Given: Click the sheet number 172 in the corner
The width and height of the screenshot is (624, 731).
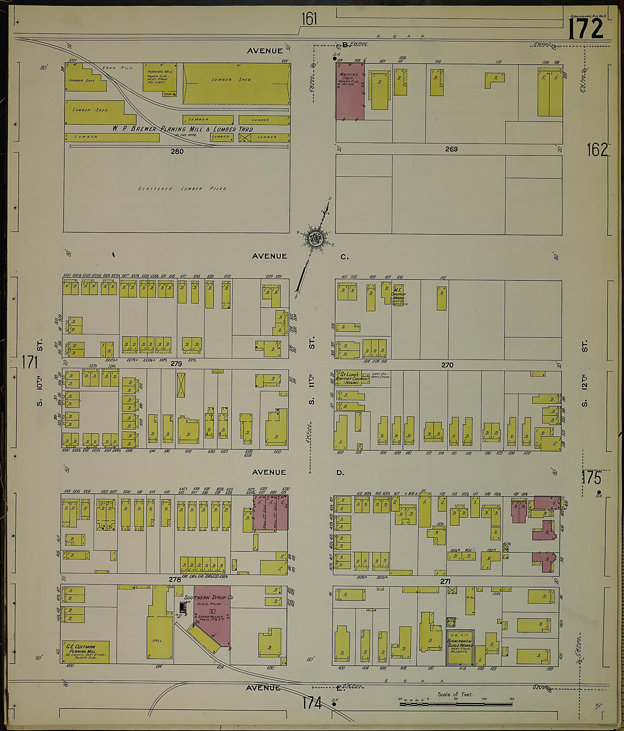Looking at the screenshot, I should click(x=586, y=29).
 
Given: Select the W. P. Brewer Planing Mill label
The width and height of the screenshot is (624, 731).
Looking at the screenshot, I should click(x=182, y=129).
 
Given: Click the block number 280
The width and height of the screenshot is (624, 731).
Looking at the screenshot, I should click(x=177, y=151).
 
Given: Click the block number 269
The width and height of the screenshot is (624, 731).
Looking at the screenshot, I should click(x=451, y=149).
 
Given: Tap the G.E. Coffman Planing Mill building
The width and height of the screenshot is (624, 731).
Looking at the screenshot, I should click(x=86, y=651).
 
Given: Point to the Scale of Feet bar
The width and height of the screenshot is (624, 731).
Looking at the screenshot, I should click(x=456, y=704).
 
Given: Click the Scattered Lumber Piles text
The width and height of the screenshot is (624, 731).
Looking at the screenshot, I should click(x=182, y=189).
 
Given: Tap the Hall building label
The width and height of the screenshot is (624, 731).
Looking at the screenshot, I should click(x=157, y=640).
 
